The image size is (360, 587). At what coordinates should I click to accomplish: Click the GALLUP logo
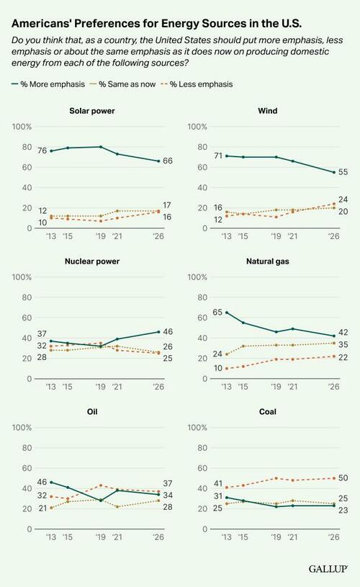[328, 569]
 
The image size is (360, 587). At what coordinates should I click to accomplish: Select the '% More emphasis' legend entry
[48, 84]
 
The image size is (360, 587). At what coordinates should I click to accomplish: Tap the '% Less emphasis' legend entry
[197, 84]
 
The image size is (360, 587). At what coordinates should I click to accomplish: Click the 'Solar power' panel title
[92, 111]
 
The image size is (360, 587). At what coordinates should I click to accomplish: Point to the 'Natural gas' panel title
[268, 261]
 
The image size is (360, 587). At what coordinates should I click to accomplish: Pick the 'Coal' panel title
[268, 412]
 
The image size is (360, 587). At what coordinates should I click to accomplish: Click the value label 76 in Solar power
[42, 151]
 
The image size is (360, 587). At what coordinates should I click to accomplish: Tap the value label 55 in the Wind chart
[343, 172]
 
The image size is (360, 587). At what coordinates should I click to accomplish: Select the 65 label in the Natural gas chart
[217, 312]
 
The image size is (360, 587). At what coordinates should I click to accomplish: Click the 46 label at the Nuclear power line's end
[168, 332]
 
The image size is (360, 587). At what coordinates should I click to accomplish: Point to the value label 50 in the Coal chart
[343, 478]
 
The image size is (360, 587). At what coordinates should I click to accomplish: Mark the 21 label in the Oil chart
[42, 508]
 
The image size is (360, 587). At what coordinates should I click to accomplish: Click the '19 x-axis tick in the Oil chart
[101, 537]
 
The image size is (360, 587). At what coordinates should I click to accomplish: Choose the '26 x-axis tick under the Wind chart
[334, 236]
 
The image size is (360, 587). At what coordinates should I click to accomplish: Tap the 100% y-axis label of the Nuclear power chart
[22, 277]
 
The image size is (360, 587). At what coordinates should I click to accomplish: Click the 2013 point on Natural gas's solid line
[226, 313]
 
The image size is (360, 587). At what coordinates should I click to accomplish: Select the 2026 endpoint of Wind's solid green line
[334, 172]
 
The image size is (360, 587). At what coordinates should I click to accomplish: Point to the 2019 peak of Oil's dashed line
[101, 485]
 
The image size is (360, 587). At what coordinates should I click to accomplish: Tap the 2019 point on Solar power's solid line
[101, 147]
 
